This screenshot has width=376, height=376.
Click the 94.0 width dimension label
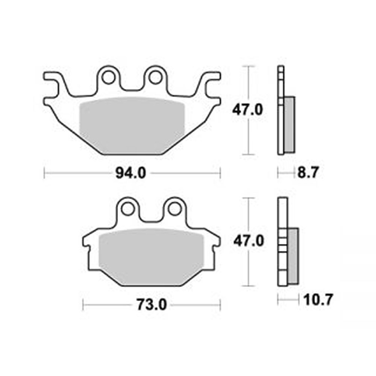click(131, 173)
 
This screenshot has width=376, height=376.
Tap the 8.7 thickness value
click(308, 173)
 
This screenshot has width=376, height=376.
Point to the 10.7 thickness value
click(318, 300)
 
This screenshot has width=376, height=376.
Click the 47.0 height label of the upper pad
click(247, 110)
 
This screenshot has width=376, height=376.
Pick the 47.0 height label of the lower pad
click(249, 241)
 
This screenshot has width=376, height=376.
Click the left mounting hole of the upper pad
click(108, 77)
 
